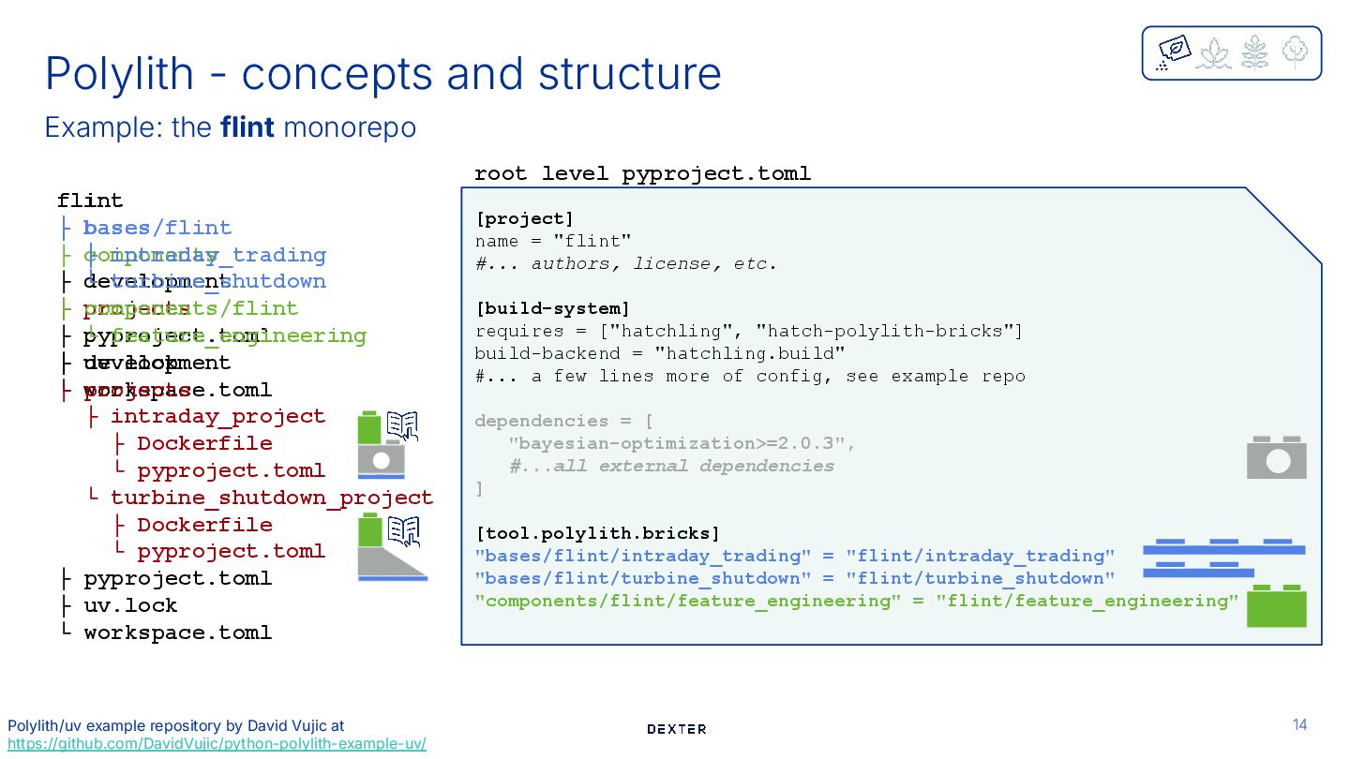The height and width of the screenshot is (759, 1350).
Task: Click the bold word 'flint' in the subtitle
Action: [x=247, y=126]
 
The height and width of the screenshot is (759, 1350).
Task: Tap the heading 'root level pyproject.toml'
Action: [x=642, y=173]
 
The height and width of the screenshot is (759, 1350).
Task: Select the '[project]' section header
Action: [x=524, y=218]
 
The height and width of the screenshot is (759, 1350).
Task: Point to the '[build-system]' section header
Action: [x=552, y=308]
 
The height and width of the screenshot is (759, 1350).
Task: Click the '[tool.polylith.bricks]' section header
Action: [x=597, y=533]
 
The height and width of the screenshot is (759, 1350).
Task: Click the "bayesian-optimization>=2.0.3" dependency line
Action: [x=682, y=443]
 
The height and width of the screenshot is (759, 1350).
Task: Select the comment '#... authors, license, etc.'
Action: [x=626, y=263]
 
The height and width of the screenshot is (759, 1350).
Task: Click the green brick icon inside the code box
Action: [x=1276, y=605]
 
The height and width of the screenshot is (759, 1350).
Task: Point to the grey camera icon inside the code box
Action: [x=1276, y=458]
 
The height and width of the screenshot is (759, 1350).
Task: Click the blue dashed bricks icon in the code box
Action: [x=1222, y=557]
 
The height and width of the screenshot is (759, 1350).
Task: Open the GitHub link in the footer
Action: [x=217, y=744]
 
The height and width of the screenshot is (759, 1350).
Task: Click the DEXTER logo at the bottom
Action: [x=676, y=729]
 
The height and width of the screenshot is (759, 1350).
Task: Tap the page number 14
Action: [x=1299, y=724]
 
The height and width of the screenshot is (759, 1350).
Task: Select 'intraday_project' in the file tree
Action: [x=217, y=416]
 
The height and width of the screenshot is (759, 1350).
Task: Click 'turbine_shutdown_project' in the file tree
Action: [x=272, y=498]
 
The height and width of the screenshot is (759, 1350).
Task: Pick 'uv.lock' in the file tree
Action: [x=130, y=605]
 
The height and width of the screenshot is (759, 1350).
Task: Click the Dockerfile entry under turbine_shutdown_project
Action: [x=204, y=525]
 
